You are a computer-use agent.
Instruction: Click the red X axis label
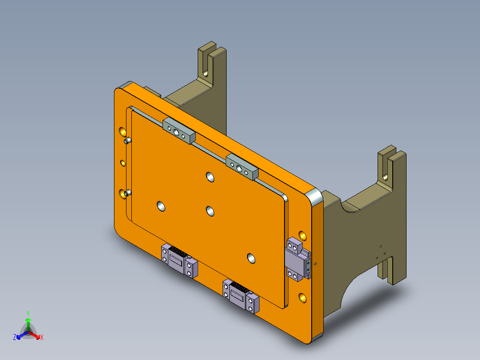pyautogui.click(x=42, y=337)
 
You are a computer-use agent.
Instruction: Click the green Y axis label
pyautogui.click(x=28, y=313)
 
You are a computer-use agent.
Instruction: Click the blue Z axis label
pyautogui.click(x=15, y=337)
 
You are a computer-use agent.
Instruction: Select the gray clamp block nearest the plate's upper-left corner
pyautogui.click(x=179, y=131)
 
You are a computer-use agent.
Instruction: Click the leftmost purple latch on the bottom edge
pyautogui.click(x=179, y=260)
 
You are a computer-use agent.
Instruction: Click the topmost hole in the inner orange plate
pyautogui.click(x=210, y=177)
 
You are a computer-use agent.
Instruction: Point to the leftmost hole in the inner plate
pyautogui.click(x=161, y=206)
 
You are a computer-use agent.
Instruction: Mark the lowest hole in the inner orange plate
pyautogui.click(x=251, y=258)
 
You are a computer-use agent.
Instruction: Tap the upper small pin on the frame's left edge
pyautogui.click(x=127, y=141)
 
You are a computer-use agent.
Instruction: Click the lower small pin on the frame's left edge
pyautogui.click(x=127, y=193)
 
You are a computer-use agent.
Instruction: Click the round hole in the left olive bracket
pyautogui.click(x=206, y=71)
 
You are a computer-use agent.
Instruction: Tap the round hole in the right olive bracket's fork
pyautogui.click(x=386, y=176)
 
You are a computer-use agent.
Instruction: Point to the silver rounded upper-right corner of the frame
pyautogui.click(x=315, y=196)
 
